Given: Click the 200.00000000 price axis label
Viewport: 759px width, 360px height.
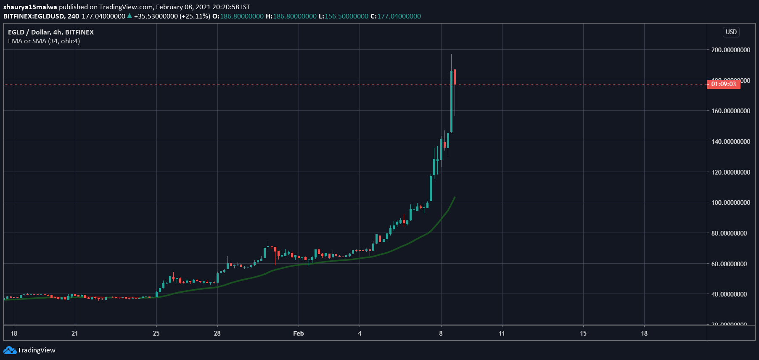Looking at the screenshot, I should pyautogui.click(x=730, y=50).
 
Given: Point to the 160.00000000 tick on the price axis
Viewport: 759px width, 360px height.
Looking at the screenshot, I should pyautogui.click(x=730, y=111).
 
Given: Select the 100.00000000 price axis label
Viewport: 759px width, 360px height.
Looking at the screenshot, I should pyautogui.click(x=730, y=203).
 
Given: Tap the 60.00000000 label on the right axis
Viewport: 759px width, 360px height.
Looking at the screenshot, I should pyautogui.click(x=729, y=264).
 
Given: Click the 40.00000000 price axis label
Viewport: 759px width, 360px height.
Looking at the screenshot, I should pyautogui.click(x=729, y=294).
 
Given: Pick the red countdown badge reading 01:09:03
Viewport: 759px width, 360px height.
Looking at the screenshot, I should pyautogui.click(x=723, y=84).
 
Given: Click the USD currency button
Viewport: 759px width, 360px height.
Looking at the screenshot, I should pyautogui.click(x=731, y=32).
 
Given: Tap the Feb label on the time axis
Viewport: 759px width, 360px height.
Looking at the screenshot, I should pyautogui.click(x=298, y=334).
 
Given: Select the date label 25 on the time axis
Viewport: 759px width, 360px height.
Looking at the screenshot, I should pyautogui.click(x=156, y=334).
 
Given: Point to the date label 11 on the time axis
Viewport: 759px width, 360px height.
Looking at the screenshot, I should pyautogui.click(x=502, y=334).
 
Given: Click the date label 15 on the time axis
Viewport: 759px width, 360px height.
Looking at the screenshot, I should pyautogui.click(x=583, y=334).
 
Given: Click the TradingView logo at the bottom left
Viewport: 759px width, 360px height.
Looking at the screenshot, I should pyautogui.click(x=29, y=350).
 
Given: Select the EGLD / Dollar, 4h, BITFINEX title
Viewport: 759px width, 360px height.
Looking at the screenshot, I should pyautogui.click(x=51, y=32).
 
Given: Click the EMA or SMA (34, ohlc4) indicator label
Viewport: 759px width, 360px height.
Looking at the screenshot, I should pyautogui.click(x=44, y=41).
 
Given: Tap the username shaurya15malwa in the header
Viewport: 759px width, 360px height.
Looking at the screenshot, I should pyautogui.click(x=30, y=7).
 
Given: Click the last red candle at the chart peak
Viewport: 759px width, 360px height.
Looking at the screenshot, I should pyautogui.click(x=455, y=77).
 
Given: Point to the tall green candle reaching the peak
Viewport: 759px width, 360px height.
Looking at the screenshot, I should pyautogui.click(x=451, y=101).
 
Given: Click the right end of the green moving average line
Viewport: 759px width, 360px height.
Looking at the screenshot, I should pyautogui.click(x=455, y=197).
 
